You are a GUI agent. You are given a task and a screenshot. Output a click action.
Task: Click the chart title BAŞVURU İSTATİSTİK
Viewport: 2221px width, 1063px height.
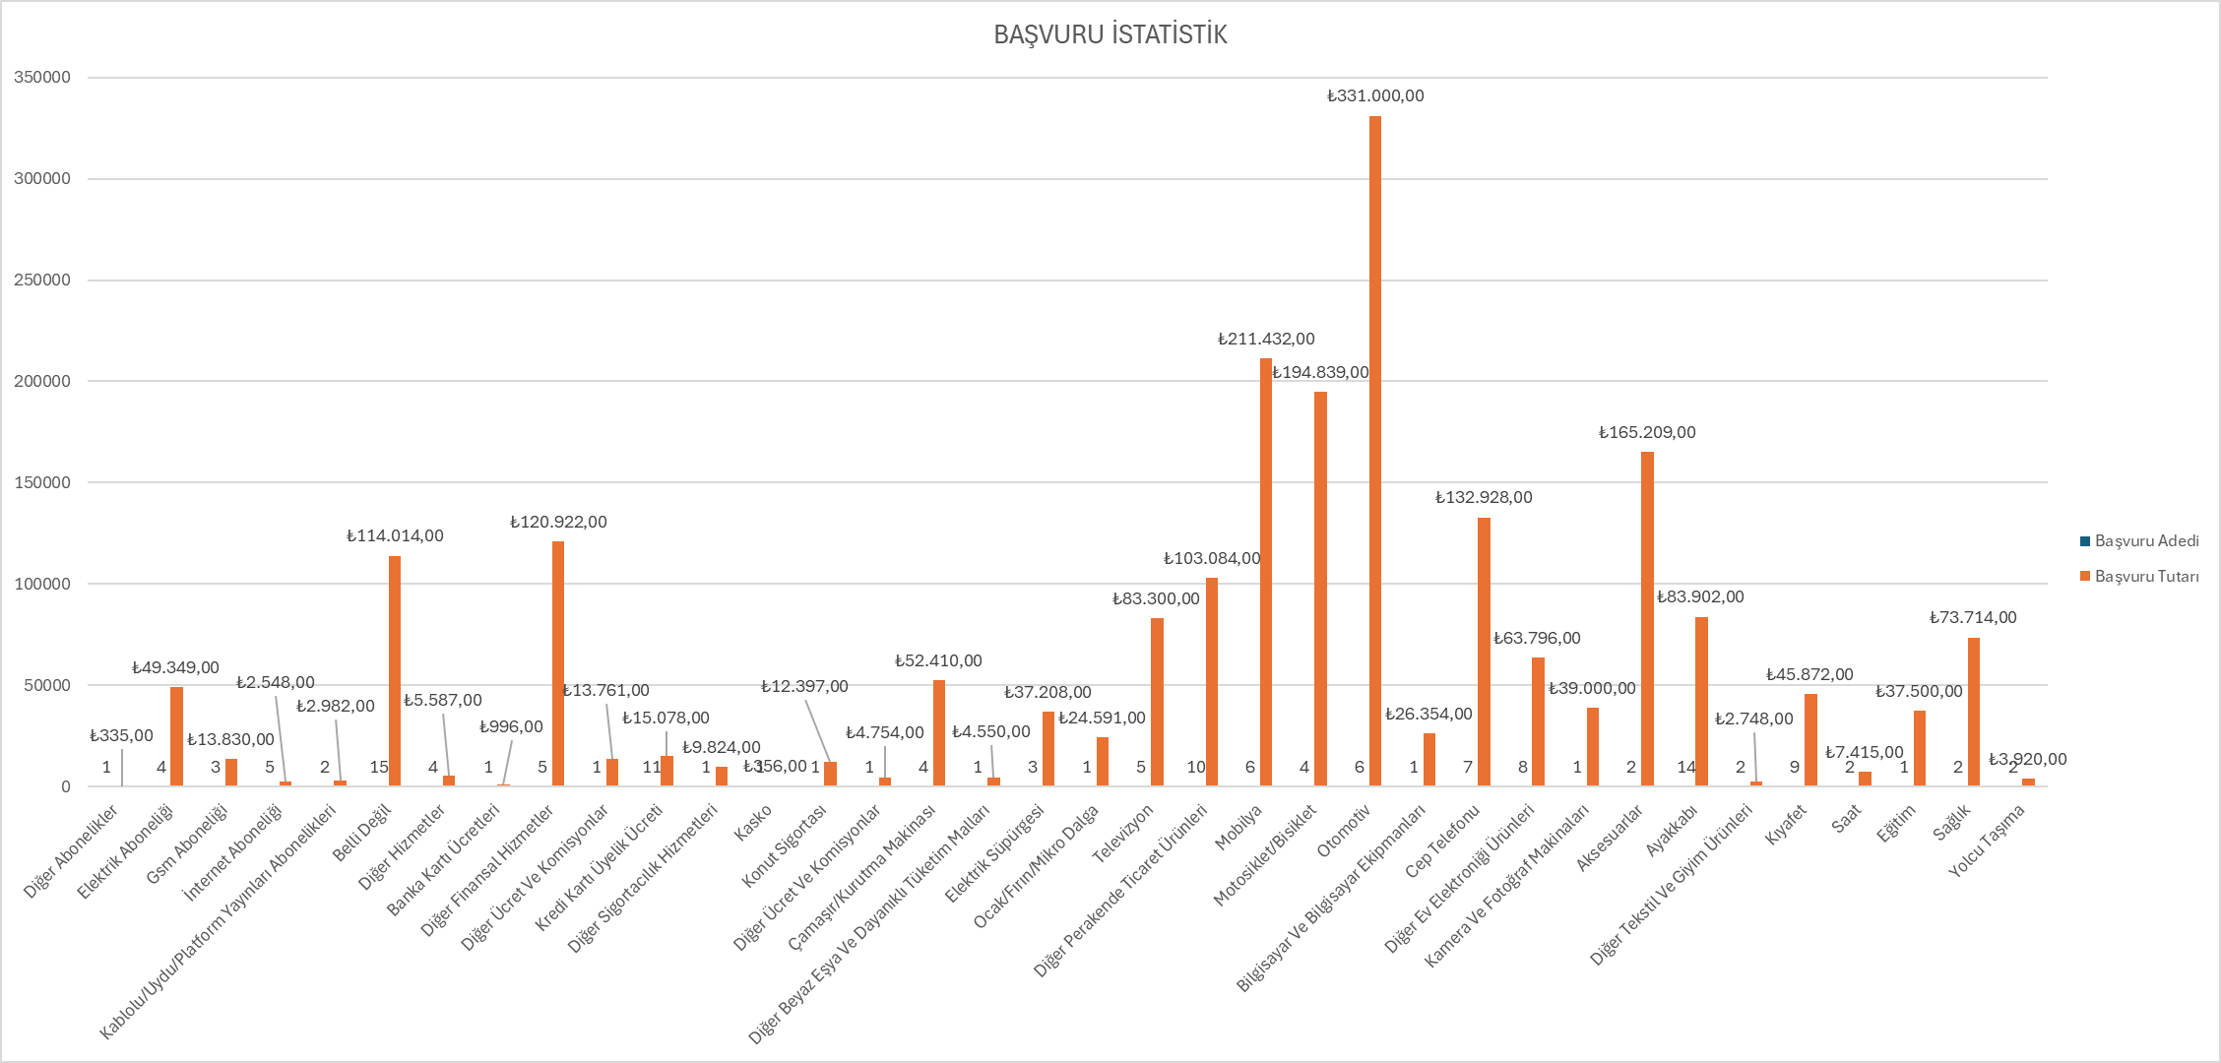(1110, 34)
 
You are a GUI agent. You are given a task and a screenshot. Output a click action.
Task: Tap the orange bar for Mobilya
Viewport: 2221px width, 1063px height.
(1266, 571)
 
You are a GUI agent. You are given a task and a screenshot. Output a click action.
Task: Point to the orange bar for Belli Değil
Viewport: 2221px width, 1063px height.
(395, 670)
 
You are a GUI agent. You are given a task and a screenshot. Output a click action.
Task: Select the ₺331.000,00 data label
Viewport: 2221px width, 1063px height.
(1375, 95)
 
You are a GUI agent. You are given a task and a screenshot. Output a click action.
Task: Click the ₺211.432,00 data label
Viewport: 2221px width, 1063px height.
(1266, 339)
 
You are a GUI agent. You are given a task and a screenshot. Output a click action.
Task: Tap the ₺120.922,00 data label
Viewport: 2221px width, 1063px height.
(558, 522)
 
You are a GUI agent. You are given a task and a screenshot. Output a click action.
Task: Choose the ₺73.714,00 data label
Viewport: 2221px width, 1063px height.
(1973, 617)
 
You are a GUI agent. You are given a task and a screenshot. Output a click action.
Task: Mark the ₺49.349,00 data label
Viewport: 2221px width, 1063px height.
(175, 667)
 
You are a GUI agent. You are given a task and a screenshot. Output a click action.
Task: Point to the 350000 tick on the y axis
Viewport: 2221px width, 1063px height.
(42, 77)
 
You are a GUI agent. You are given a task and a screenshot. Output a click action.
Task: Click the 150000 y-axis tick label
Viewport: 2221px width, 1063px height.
(42, 482)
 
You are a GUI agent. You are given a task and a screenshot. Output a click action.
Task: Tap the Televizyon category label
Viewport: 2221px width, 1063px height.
(1123, 834)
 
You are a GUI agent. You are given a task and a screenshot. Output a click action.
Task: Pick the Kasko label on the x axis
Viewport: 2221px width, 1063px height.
(753, 824)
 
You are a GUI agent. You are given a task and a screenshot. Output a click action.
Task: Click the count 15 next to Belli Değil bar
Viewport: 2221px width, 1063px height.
(379, 767)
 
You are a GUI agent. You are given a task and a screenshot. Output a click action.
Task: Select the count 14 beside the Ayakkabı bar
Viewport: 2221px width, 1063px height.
(1686, 767)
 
